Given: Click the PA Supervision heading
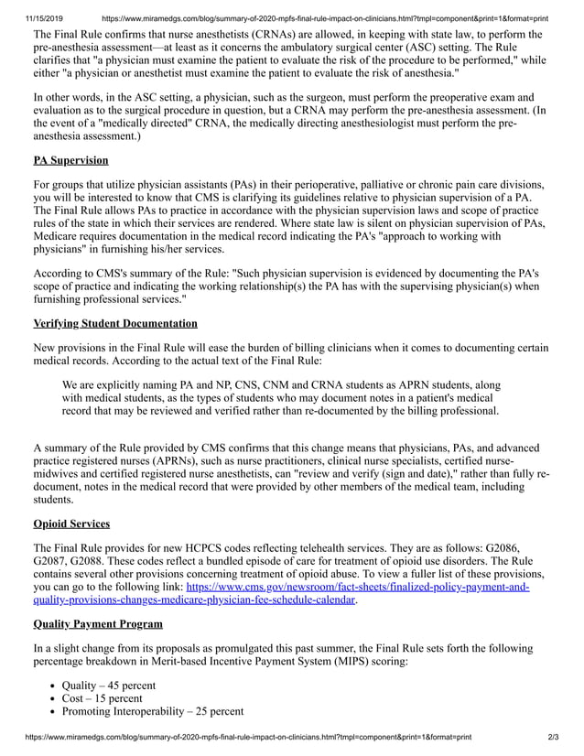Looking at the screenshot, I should [70, 160].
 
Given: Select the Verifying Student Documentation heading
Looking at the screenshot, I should [114, 323].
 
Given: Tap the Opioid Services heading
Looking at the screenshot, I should [71, 524].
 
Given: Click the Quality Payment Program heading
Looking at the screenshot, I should [98, 624].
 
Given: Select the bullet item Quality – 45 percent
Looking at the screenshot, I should [108, 686].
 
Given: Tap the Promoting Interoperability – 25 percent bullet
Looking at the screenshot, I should [152, 711].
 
